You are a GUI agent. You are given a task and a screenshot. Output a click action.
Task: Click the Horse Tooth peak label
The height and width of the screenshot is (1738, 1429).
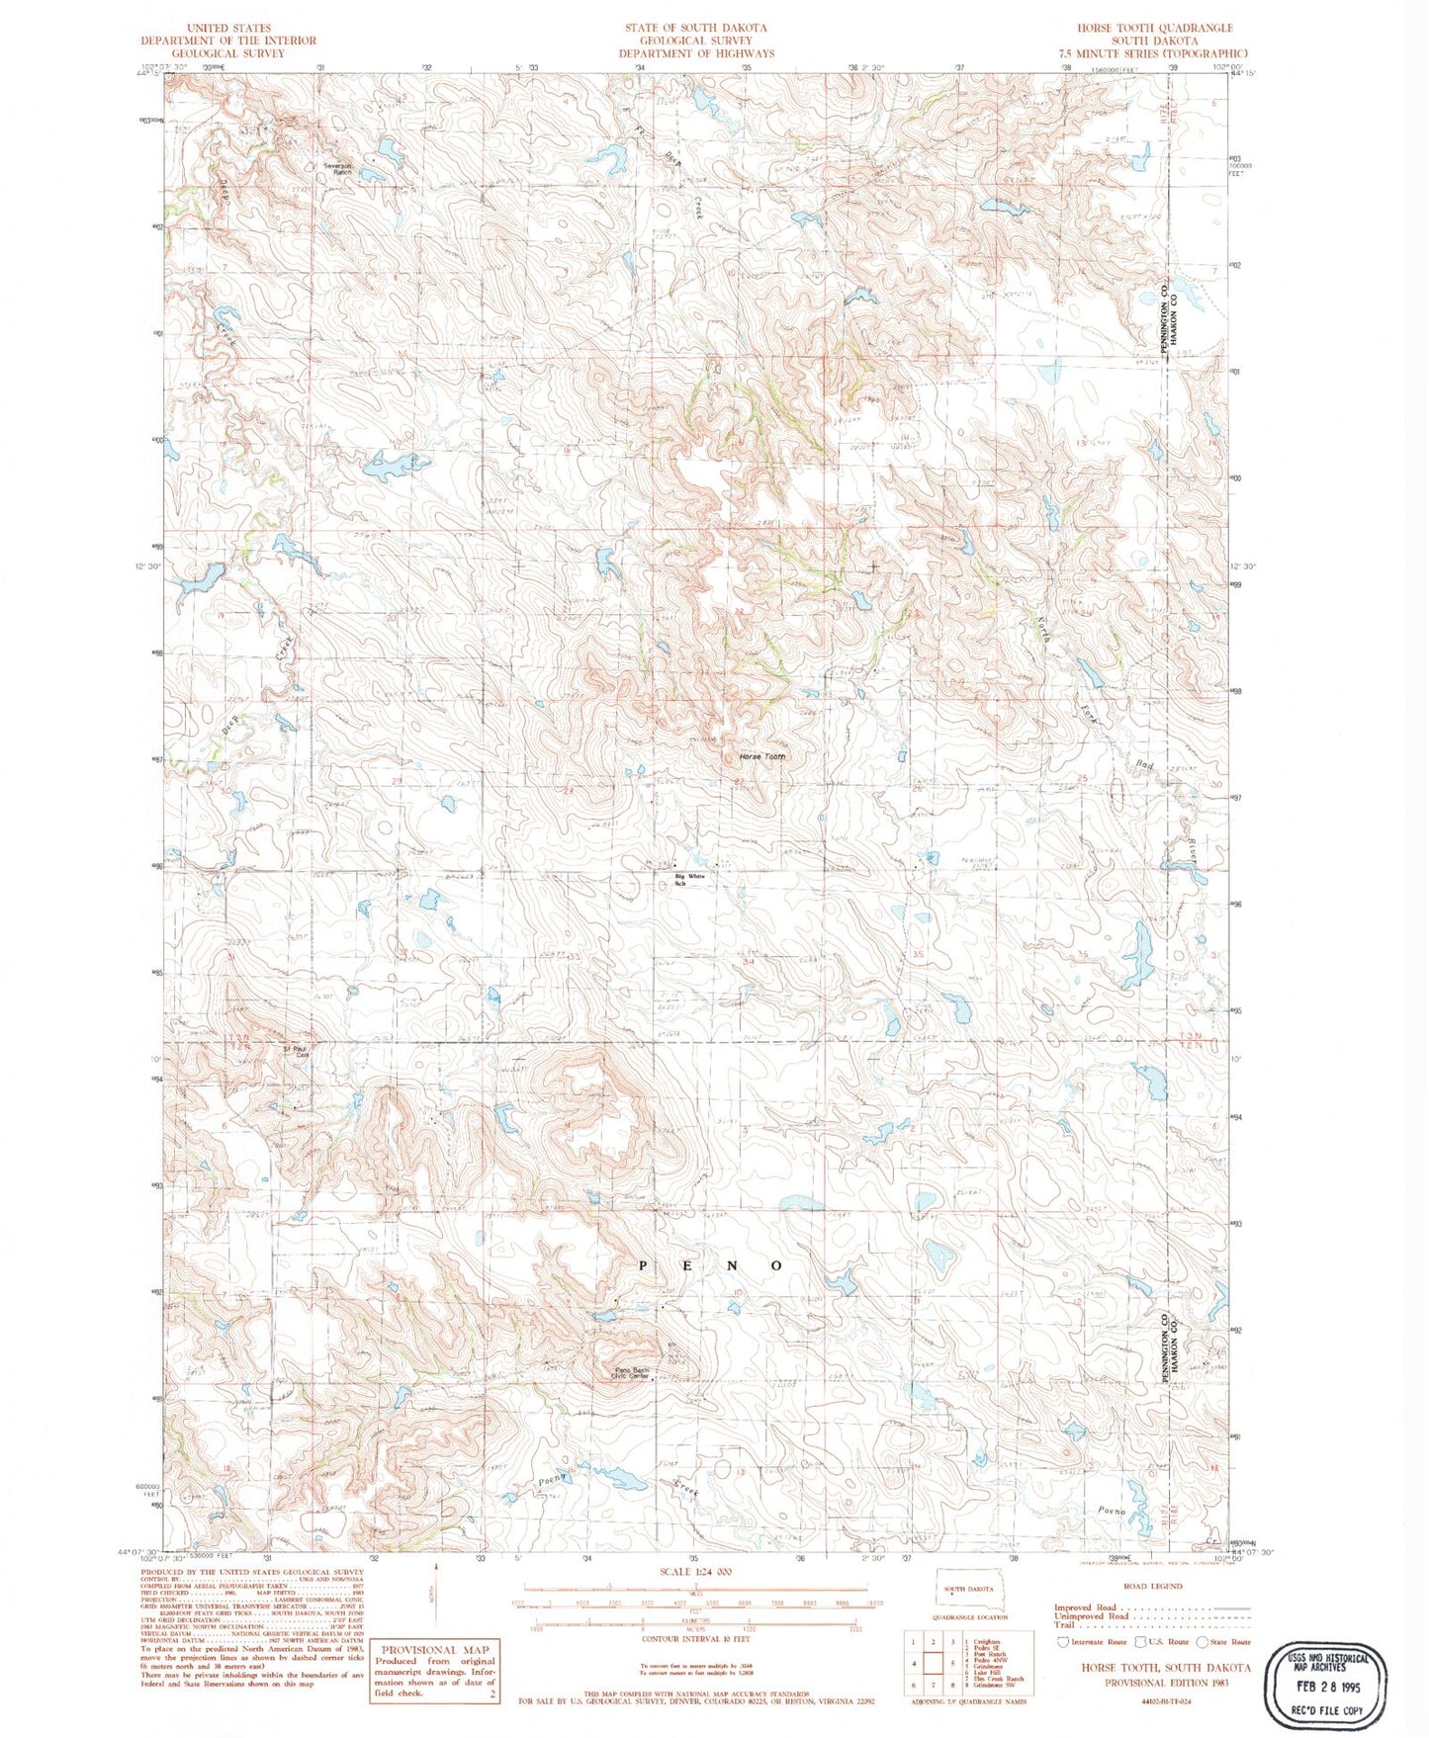click(761, 757)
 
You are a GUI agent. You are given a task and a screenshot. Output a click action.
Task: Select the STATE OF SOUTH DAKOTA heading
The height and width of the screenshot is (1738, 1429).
click(696, 28)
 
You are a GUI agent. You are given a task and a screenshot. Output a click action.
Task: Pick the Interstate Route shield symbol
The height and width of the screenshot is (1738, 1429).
click(1062, 1642)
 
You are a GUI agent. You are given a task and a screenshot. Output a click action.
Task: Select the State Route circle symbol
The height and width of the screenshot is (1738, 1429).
click(1203, 1642)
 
